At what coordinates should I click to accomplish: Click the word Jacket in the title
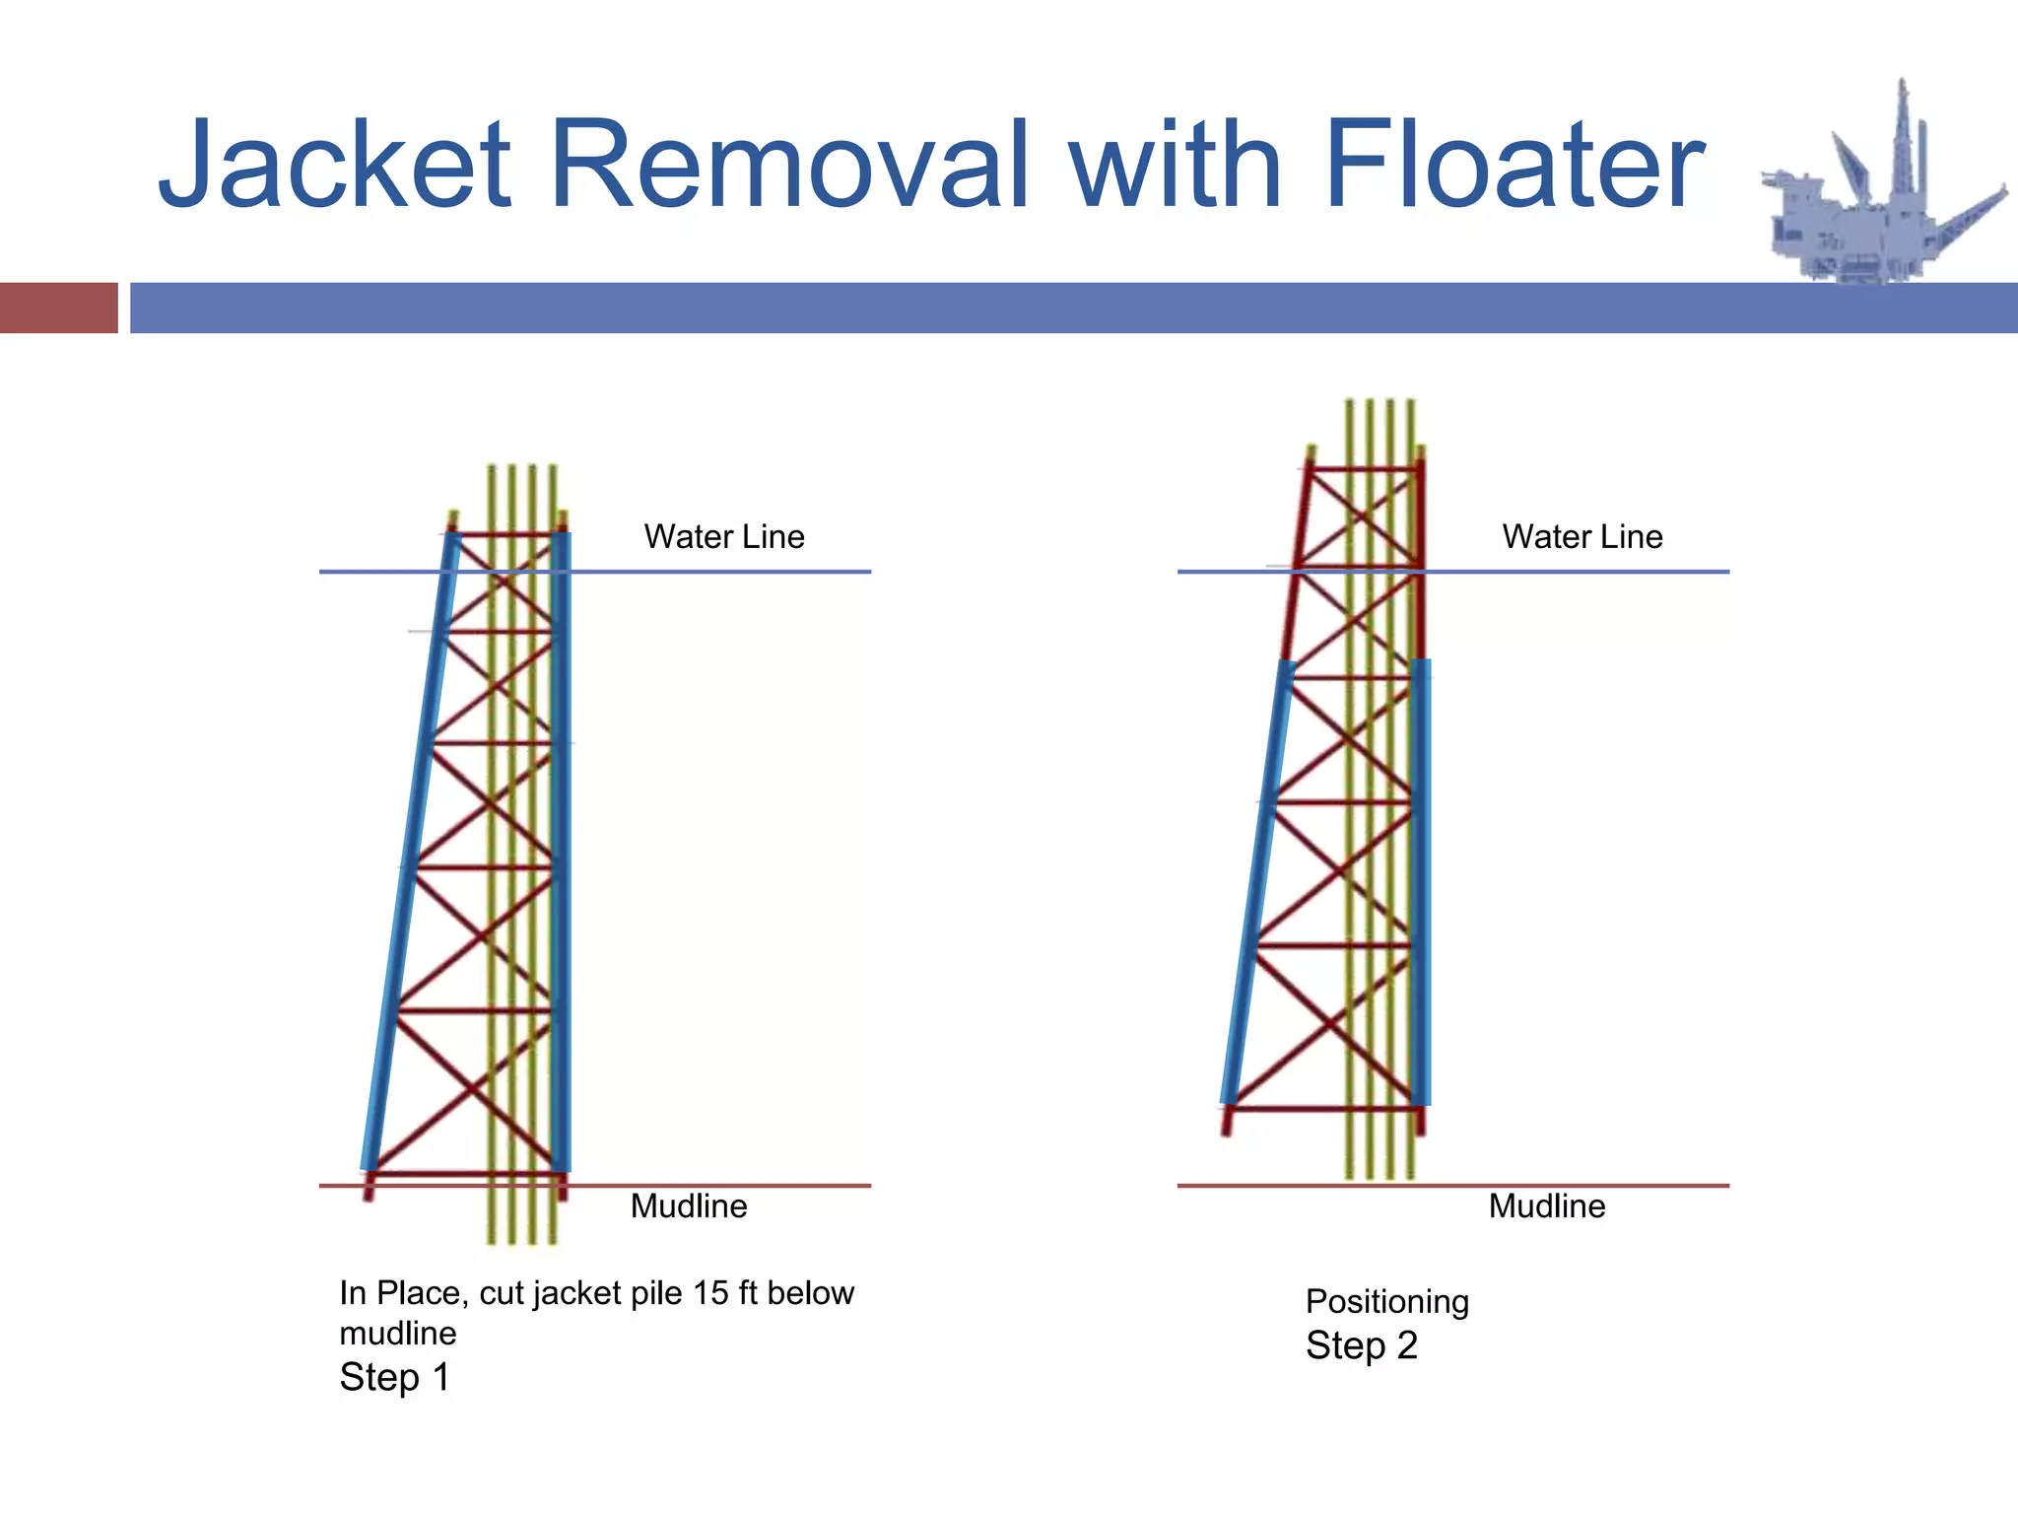(x=335, y=166)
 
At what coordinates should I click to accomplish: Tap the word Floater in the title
(x=1513, y=166)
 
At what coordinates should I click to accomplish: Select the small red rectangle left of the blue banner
(x=58, y=308)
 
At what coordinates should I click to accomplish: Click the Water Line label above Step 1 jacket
(x=724, y=536)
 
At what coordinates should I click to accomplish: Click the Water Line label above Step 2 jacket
(x=1582, y=536)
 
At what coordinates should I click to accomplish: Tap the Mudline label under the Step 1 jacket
(x=689, y=1205)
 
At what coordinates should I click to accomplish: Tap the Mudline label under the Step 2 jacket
(x=1547, y=1205)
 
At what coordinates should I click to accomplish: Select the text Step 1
(x=395, y=1377)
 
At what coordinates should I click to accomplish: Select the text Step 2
(x=1362, y=1345)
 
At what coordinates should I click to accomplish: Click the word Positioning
(x=1387, y=1301)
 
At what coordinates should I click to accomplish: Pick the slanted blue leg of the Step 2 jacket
(x=1257, y=887)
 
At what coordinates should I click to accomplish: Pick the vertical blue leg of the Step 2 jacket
(x=1421, y=887)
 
